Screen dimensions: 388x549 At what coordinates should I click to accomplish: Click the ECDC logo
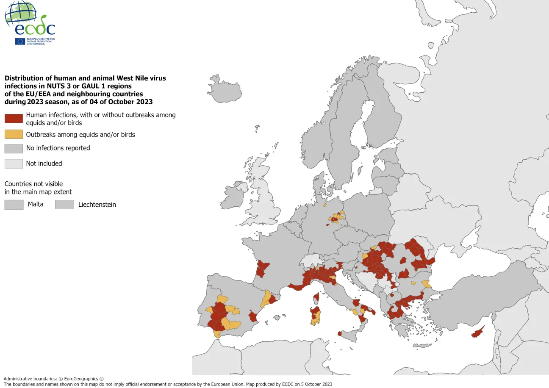point(30,23)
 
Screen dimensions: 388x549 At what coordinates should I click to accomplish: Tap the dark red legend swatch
point(14,119)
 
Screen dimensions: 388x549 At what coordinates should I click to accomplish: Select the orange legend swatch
point(14,135)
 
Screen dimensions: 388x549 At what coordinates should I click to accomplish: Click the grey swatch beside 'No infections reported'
point(14,148)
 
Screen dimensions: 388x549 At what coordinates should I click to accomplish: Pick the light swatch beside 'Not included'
point(14,164)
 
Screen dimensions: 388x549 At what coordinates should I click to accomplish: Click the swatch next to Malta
point(14,205)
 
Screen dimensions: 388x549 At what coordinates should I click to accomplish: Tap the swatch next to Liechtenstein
point(64,205)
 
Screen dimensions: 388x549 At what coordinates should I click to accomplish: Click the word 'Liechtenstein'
point(97,205)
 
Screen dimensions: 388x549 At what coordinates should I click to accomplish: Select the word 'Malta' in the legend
point(36,204)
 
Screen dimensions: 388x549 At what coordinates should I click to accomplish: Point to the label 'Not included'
point(44,164)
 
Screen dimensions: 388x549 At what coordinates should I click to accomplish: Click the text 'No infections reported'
point(58,148)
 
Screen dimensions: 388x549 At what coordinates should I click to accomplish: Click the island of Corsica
point(316,299)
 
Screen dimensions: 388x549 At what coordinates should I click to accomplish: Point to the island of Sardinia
point(316,316)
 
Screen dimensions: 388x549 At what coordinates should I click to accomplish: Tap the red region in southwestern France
point(262,269)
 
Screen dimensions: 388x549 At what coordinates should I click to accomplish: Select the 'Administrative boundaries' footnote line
point(54,379)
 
